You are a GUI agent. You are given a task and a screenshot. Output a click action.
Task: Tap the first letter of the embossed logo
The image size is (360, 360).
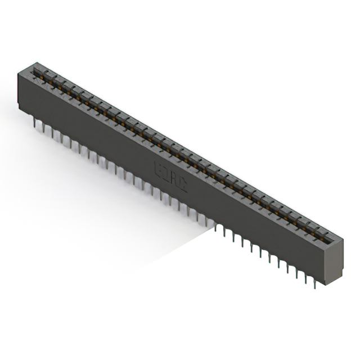[x=157, y=166]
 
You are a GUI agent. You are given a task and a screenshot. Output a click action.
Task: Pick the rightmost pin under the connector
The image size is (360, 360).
[x=314, y=283]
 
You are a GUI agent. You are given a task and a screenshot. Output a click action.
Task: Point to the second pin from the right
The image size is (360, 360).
[x=305, y=278]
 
